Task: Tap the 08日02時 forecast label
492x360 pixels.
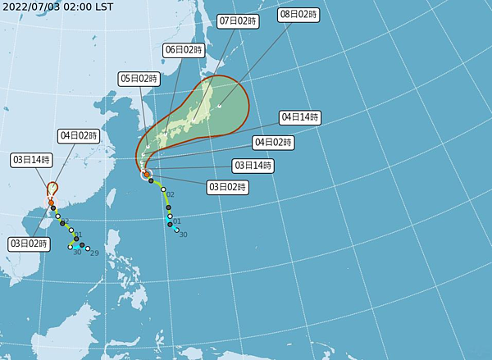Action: (298, 16)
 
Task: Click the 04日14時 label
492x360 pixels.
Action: (299, 117)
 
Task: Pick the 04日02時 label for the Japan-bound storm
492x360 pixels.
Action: (274, 143)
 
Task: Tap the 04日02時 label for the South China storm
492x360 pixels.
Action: (79, 135)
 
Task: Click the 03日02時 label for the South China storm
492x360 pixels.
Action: (30, 244)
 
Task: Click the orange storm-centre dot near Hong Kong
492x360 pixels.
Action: (51, 203)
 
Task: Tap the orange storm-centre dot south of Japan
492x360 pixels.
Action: (146, 175)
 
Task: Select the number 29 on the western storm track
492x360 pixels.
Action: (94, 253)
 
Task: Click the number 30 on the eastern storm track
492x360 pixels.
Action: (183, 235)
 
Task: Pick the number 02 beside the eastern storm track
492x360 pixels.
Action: (171, 194)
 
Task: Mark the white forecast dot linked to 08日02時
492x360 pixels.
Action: (220, 105)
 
